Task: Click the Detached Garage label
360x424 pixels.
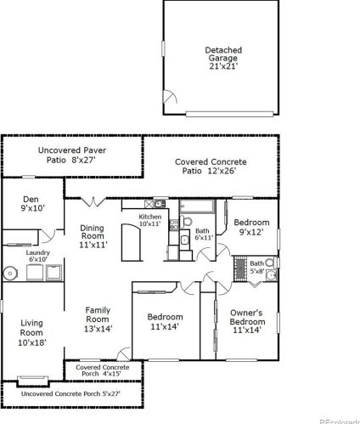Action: [x=223, y=58]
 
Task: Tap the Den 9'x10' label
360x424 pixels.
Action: [x=32, y=204]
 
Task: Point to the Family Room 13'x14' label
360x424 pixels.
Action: [x=98, y=319]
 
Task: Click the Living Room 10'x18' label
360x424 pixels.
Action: [x=31, y=332]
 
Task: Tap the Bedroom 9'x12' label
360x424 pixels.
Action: [x=251, y=227]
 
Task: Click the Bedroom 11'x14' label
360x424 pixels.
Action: [x=165, y=321]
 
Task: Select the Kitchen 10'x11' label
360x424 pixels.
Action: [x=150, y=220]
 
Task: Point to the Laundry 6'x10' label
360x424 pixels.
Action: [x=38, y=256]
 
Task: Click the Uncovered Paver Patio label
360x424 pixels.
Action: [x=72, y=155]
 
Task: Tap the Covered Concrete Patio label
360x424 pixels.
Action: [x=211, y=167]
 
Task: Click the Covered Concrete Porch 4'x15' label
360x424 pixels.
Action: [x=102, y=370]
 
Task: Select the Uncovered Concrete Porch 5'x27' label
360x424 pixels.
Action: [x=70, y=393]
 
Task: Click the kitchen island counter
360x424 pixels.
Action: [x=131, y=242]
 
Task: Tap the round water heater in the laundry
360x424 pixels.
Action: [x=10, y=274]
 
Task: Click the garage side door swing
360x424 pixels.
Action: [x=170, y=97]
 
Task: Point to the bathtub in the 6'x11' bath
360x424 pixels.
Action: [x=197, y=206]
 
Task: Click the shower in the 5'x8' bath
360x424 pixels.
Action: [x=240, y=269]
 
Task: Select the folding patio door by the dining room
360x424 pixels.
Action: [x=93, y=202]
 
